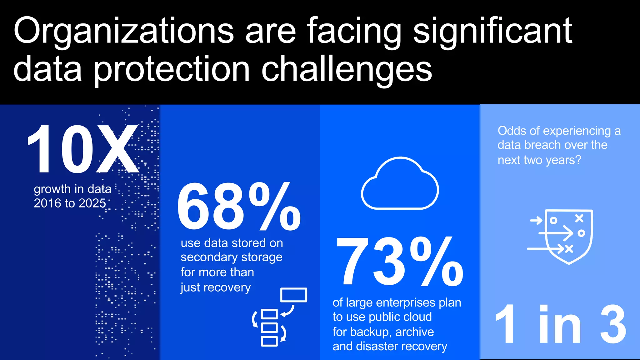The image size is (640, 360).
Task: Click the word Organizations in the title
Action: (x=123, y=31)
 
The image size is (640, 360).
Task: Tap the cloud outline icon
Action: (x=400, y=184)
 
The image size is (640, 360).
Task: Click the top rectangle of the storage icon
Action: (x=294, y=295)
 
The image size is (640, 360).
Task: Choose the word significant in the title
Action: (x=492, y=31)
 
